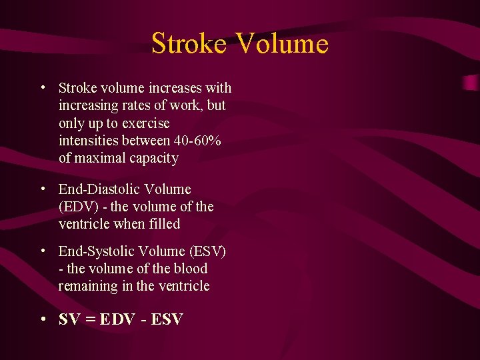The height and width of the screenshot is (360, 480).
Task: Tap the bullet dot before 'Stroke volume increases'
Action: (x=43, y=87)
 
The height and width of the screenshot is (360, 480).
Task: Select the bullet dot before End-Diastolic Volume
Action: (x=43, y=189)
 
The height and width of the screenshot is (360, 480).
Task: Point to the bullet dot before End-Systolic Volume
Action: (x=43, y=251)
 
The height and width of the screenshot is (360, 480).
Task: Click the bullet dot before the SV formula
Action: (x=43, y=319)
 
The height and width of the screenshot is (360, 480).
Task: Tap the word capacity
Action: (x=154, y=159)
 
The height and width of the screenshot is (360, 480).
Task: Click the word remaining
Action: (x=87, y=286)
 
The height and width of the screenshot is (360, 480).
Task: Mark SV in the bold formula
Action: (x=69, y=319)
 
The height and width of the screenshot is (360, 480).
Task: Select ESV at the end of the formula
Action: (x=167, y=319)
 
